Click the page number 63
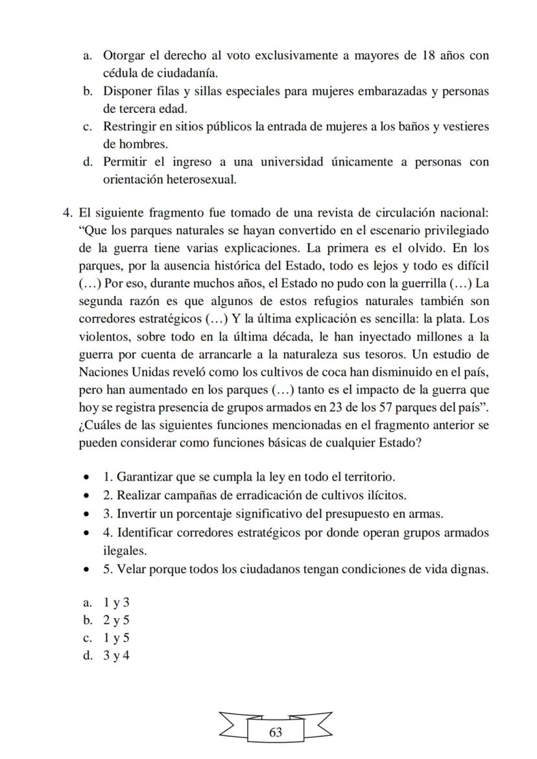click(x=275, y=732)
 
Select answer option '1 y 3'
click(x=117, y=603)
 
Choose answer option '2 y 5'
click(x=117, y=620)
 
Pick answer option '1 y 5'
click(x=117, y=638)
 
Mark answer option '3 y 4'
click(x=117, y=655)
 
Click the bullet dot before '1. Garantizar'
click(x=87, y=477)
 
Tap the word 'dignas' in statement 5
click(x=468, y=569)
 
